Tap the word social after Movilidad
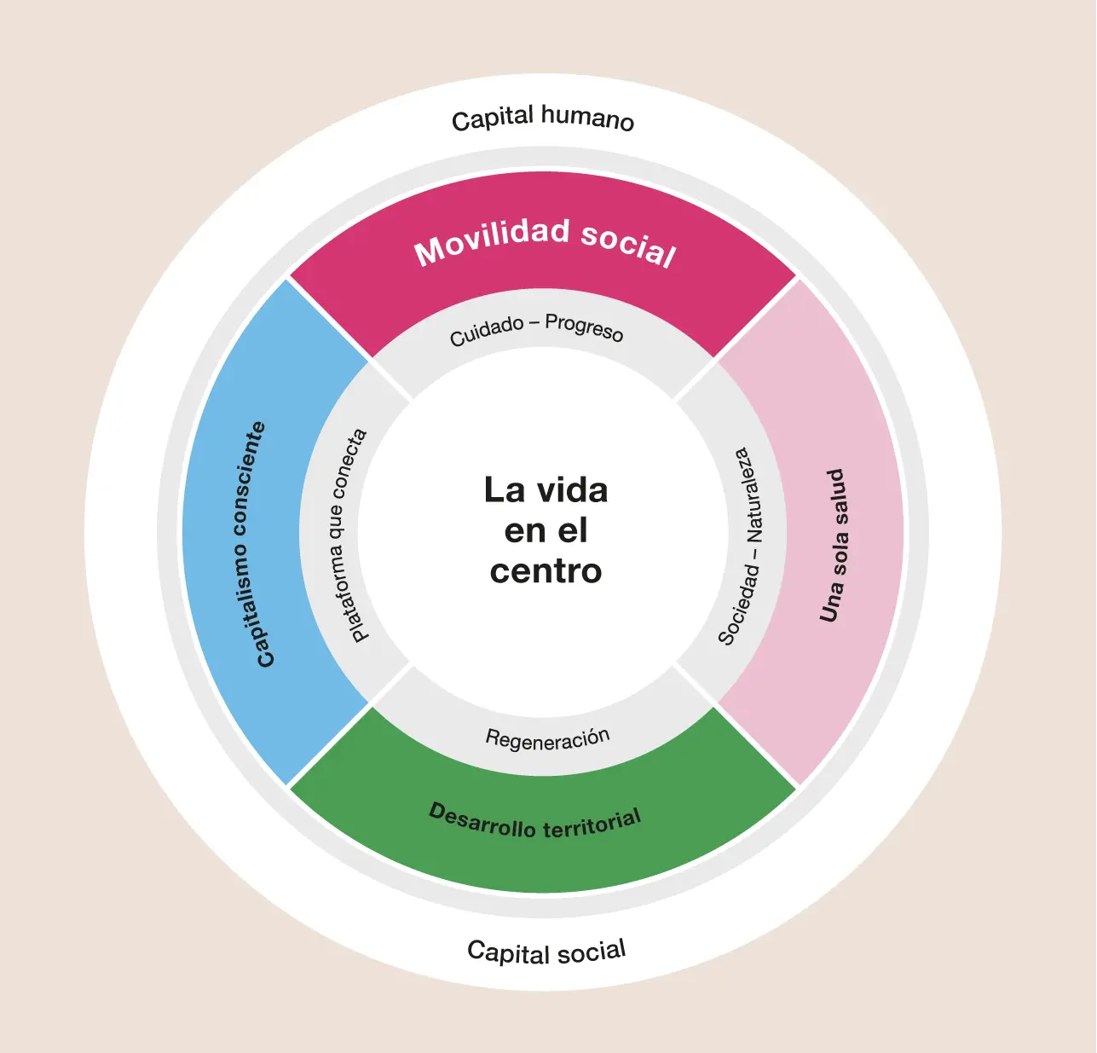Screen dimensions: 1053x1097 click(628, 245)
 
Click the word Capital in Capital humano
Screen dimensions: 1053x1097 click(493, 119)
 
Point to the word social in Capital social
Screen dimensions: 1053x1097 click(589, 951)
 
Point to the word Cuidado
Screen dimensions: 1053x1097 click(487, 331)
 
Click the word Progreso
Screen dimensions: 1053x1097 click(584, 327)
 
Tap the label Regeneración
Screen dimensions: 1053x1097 click(547, 738)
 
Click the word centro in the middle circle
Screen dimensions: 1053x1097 click(546, 570)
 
